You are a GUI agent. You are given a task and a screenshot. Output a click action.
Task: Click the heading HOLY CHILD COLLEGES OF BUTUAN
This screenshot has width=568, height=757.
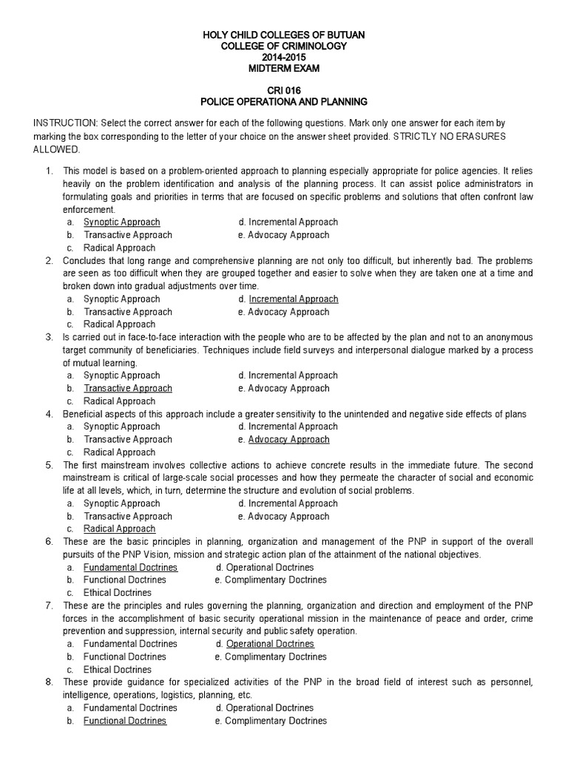tap(284, 35)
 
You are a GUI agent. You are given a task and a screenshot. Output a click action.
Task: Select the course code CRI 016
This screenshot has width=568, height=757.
tap(284, 90)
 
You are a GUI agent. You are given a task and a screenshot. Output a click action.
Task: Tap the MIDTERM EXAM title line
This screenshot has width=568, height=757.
tap(284, 69)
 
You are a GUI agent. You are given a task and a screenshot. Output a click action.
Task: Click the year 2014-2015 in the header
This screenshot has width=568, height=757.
tap(284, 58)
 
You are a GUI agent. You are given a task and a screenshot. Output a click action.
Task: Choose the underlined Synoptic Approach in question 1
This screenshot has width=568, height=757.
tap(121, 222)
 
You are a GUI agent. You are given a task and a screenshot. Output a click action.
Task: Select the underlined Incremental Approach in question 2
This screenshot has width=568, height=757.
tap(294, 299)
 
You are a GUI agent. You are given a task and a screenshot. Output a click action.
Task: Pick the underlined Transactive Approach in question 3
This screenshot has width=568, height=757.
tap(128, 388)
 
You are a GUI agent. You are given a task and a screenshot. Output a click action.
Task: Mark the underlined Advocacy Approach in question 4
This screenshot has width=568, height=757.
tap(289, 439)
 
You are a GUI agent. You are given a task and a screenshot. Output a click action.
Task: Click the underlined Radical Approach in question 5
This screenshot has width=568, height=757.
tap(119, 529)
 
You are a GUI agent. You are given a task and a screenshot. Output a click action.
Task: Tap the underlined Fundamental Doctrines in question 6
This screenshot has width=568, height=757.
tap(130, 567)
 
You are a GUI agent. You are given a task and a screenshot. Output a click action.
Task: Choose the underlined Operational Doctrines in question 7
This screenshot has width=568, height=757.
tap(270, 644)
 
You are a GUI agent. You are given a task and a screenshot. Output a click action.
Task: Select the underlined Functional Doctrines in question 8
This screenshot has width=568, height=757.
tap(125, 721)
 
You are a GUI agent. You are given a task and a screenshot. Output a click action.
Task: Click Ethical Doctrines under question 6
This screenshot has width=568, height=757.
tap(118, 593)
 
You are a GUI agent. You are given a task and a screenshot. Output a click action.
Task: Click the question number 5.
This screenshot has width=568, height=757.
tap(49, 465)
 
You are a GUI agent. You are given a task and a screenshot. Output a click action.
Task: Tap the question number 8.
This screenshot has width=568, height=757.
tap(49, 682)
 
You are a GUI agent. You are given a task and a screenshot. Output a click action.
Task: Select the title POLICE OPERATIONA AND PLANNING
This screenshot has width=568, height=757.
tap(284, 101)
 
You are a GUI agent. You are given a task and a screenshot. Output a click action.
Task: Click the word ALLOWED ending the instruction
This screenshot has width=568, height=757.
tap(57, 149)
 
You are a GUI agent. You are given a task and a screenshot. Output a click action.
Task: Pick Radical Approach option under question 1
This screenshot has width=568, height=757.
tap(119, 248)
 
